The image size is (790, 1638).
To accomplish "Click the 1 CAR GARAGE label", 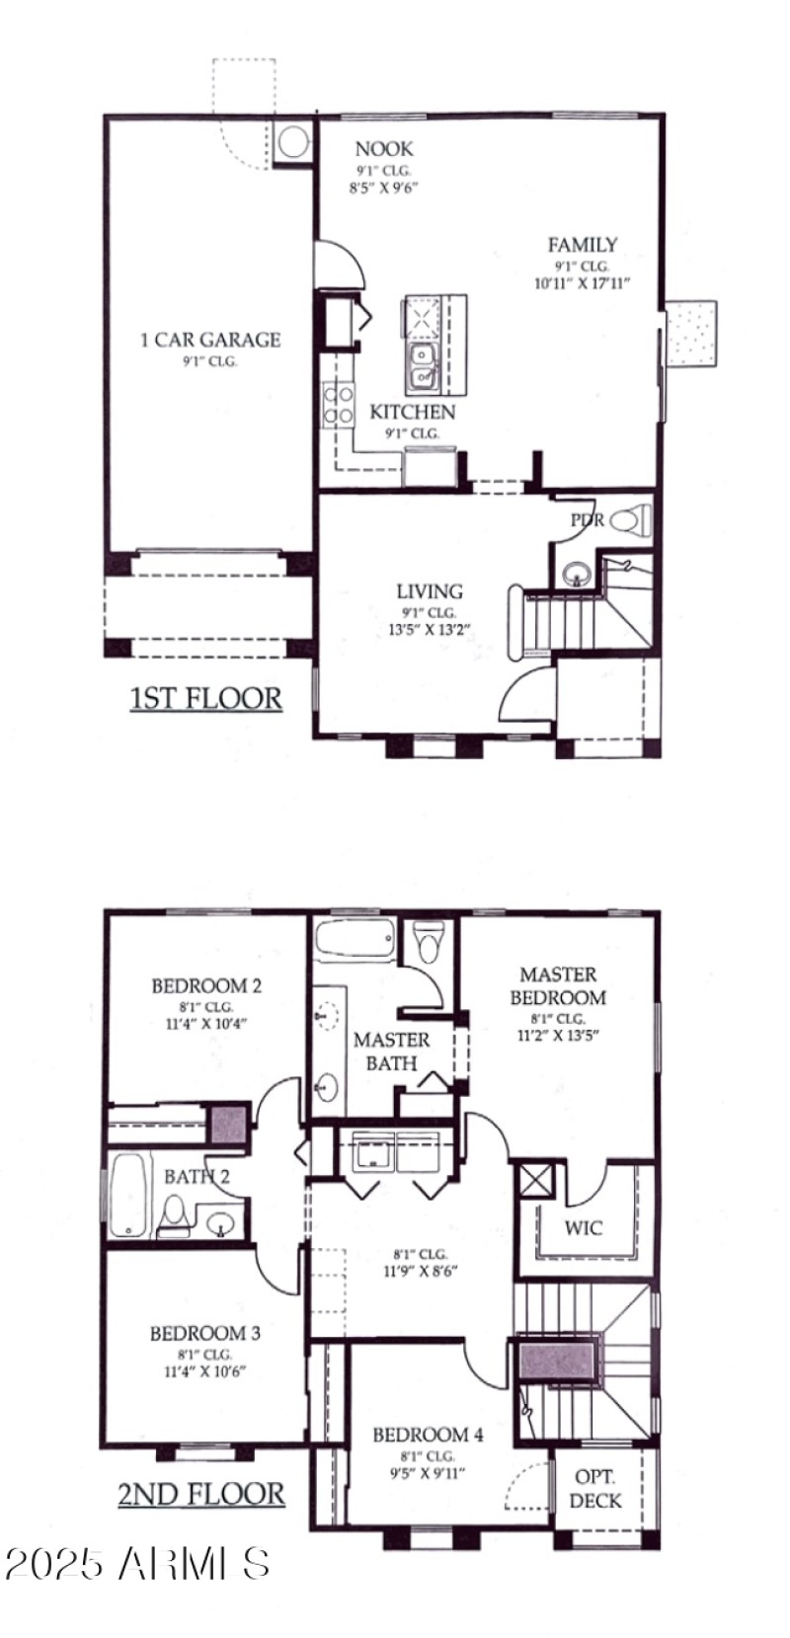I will point(209,340).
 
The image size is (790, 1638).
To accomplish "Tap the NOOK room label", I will point(384,149).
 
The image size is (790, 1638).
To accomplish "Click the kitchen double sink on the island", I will point(422,365).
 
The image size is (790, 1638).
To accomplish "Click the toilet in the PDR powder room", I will point(628,519).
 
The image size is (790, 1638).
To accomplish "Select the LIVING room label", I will point(430,591).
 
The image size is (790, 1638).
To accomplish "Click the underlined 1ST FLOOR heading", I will point(205,699).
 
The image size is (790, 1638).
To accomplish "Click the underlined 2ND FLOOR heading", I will point(201,1494).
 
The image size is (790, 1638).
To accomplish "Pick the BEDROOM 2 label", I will point(206,985).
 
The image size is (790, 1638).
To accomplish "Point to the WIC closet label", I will point(583,1229).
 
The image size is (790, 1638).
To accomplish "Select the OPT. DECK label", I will point(595,1489).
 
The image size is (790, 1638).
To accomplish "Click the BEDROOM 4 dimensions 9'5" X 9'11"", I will point(428,1474).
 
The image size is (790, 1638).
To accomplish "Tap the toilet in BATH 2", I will point(174,1216).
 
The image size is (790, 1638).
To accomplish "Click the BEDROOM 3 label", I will point(205,1334).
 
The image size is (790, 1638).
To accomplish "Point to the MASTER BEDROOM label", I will point(558,986).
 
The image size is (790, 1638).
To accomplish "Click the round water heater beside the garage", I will point(292,144).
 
